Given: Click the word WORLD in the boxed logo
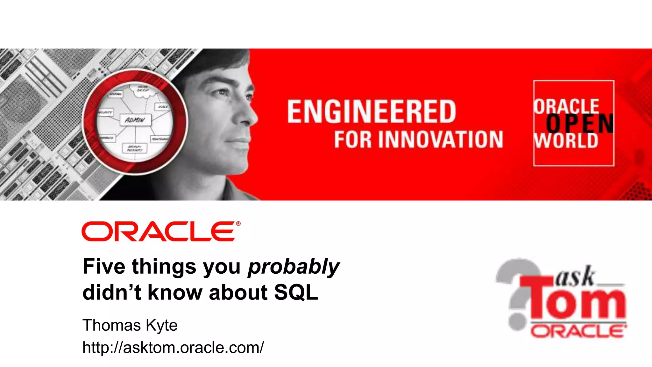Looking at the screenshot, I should [x=566, y=140].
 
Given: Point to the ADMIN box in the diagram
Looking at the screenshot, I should [x=135, y=120].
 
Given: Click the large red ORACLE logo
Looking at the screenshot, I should [x=159, y=232].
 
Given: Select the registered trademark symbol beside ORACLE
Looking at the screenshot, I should [x=238, y=224].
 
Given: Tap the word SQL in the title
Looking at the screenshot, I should [x=296, y=292].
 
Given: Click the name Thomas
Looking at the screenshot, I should [x=111, y=325].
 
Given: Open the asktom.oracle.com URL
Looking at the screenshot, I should [x=173, y=347].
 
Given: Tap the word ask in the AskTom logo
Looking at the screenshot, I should [x=575, y=277].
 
